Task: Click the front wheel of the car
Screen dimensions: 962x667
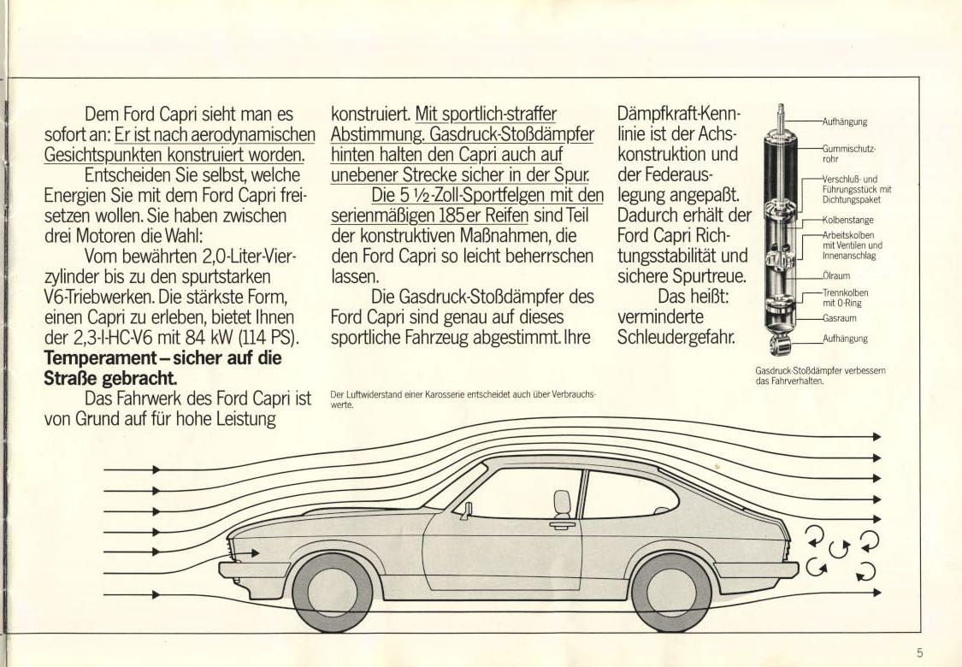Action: (x=332, y=592)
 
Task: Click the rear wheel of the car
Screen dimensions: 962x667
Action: (x=671, y=592)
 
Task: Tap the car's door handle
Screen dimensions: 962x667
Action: (x=562, y=525)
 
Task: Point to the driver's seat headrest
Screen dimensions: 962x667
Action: (x=562, y=502)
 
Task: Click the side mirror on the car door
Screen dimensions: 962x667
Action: (x=468, y=511)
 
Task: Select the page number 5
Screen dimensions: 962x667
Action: (x=919, y=652)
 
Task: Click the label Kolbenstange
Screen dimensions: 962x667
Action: (x=848, y=220)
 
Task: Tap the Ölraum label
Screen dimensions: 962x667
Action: (x=836, y=275)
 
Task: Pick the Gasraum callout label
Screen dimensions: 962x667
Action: (x=840, y=318)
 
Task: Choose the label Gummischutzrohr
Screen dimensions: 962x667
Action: (x=849, y=153)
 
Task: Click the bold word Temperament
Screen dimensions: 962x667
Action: (x=98, y=357)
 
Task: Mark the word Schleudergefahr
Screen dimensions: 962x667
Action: (x=676, y=338)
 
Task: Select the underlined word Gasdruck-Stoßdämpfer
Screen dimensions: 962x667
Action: (x=511, y=133)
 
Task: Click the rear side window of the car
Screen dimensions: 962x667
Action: (x=629, y=494)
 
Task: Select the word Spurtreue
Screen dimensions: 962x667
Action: (x=709, y=276)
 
